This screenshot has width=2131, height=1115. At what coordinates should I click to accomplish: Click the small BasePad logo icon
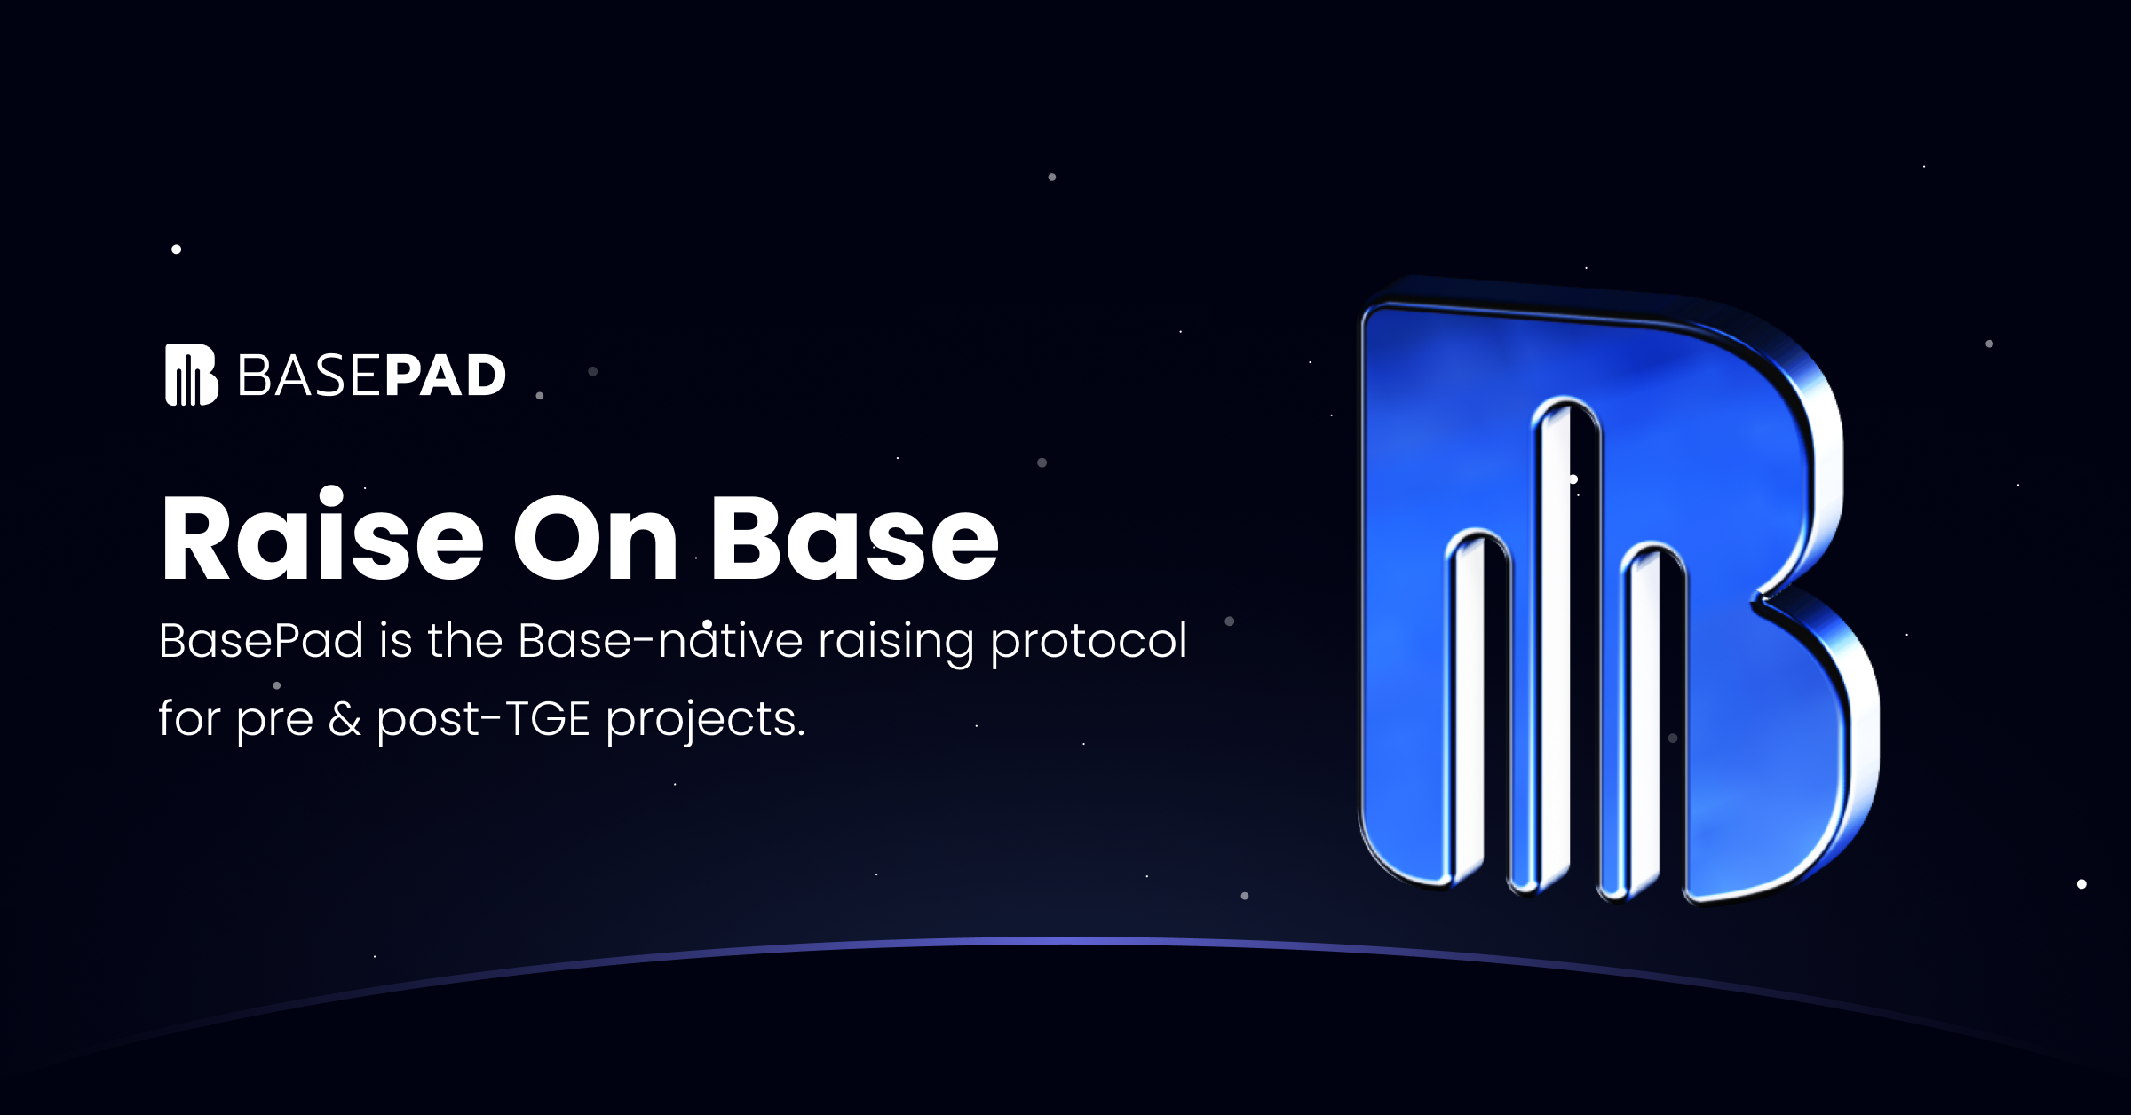tap(192, 375)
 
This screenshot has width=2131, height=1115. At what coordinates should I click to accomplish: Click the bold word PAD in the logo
tap(445, 376)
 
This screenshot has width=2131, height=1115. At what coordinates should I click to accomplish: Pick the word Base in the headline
tap(855, 537)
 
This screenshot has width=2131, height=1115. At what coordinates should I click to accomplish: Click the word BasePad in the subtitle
tap(261, 640)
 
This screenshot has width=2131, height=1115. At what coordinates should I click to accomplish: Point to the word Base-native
tap(661, 640)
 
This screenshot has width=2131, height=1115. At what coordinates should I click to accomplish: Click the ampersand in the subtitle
tap(345, 718)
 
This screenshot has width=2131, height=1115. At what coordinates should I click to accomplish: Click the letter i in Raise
tap(331, 533)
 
